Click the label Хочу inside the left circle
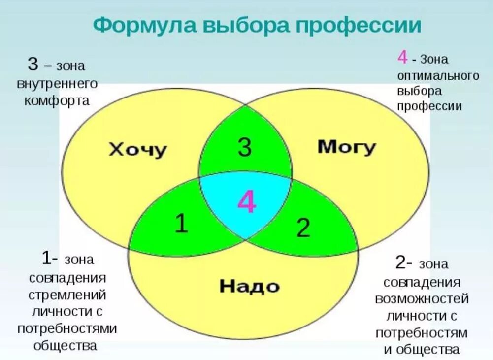pos(137,148)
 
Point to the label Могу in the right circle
pos(347,146)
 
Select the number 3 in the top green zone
pos(245,146)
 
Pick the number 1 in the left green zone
pos(181,224)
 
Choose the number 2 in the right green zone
pos(303,228)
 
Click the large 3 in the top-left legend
pos(33,64)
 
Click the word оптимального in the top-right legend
pos(438,75)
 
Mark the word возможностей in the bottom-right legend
pos(422,299)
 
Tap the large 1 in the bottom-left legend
pos(46,258)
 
